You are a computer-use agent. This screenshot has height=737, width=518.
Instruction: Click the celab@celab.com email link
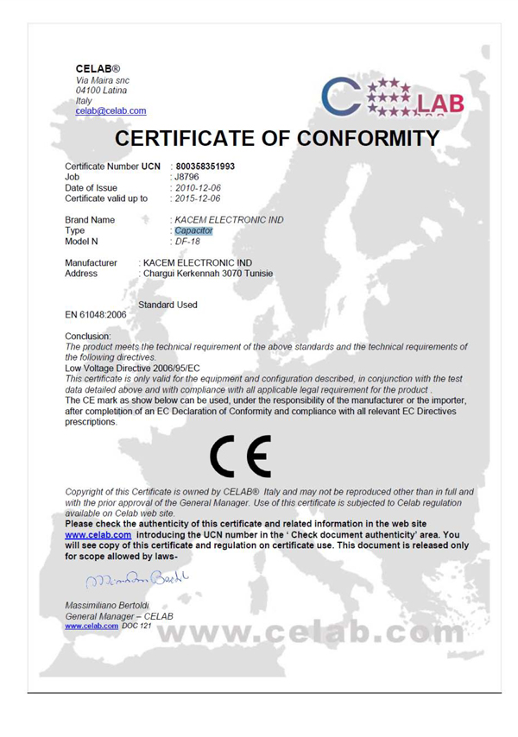tap(111, 110)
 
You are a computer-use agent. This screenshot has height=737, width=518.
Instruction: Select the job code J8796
tap(187, 177)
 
